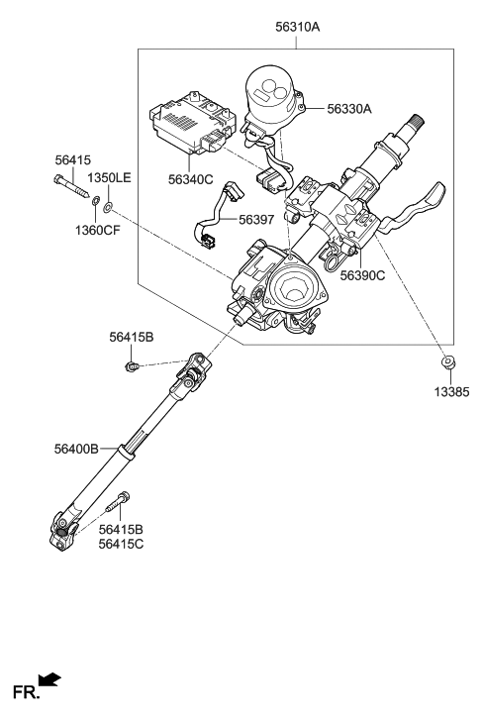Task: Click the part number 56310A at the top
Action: coord(297,28)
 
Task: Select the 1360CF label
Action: coord(100,229)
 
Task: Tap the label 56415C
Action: coord(122,544)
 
